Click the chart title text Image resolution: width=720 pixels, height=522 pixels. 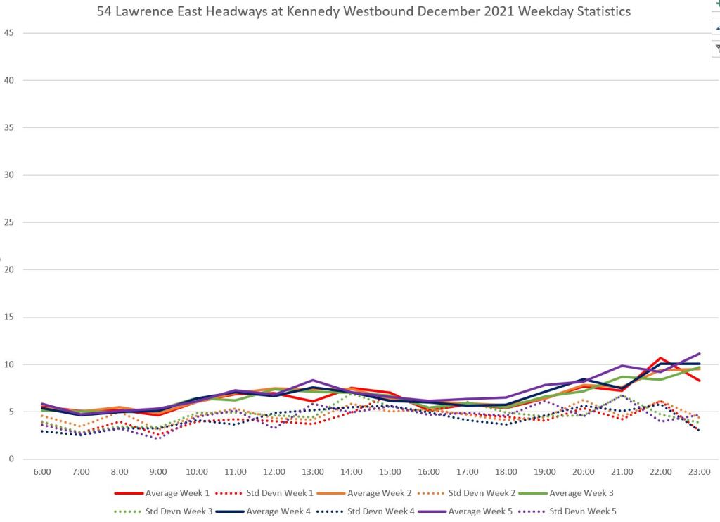pyautogui.click(x=364, y=12)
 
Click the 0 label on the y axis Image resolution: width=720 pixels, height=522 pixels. pyautogui.click(x=11, y=459)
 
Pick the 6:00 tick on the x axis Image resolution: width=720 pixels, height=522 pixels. pyautogui.click(x=42, y=472)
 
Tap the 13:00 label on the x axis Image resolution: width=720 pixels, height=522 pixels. pyautogui.click(x=313, y=472)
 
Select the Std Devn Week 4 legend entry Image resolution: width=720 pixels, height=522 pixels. pyautogui.click(x=380, y=511)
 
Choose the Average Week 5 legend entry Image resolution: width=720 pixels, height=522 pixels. pyautogui.click(x=482, y=511)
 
